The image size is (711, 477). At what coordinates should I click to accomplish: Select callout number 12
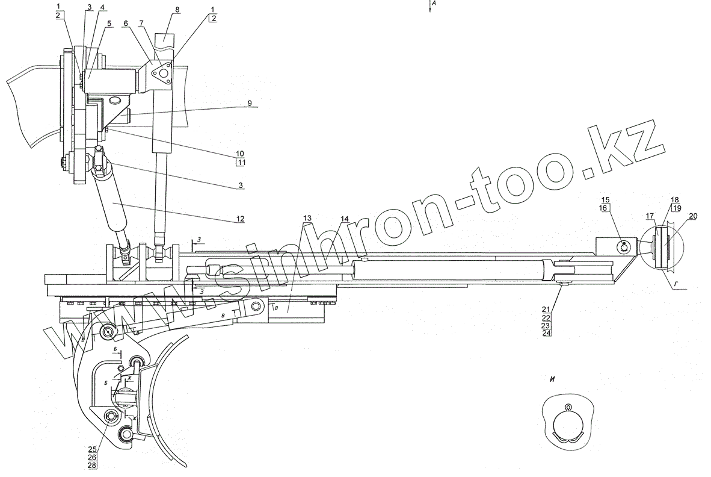[240, 218]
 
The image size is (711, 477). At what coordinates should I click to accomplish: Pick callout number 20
[693, 215]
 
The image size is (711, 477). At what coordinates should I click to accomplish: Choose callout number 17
[650, 215]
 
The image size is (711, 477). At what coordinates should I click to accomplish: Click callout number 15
[605, 199]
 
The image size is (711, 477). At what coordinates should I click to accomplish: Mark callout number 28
[92, 465]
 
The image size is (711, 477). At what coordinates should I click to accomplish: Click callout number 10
[241, 154]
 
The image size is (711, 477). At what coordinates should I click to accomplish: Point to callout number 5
[109, 23]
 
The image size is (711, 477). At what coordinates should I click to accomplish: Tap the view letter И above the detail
[552, 379]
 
